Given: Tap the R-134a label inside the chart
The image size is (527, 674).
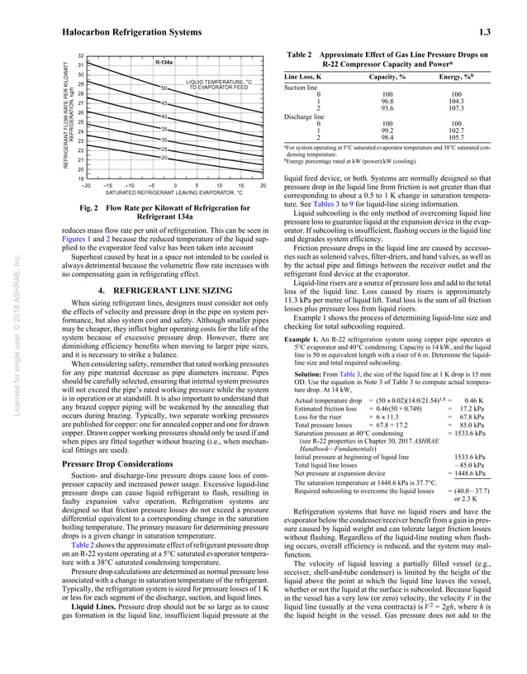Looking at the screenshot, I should coord(164,63).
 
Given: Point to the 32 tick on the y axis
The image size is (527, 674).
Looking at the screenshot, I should coord(70,55).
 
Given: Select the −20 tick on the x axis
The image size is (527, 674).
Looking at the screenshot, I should coord(84,185).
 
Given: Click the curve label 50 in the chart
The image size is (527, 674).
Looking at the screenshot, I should coord(164,88).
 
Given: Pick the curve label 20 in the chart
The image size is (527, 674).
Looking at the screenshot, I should coord(164,157).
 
